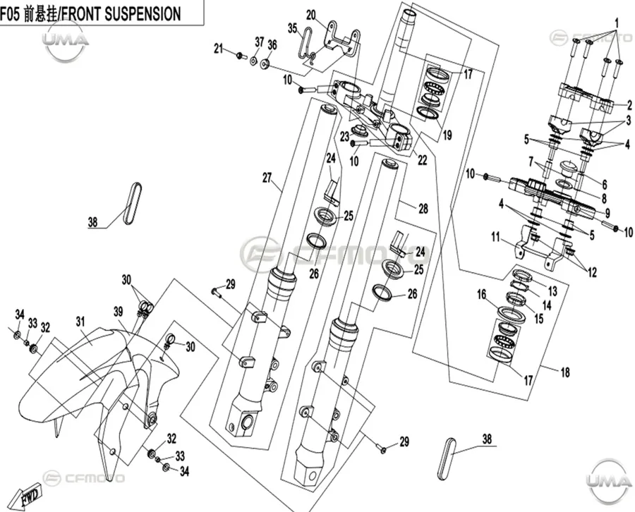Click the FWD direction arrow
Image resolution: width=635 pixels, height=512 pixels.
coord(26,496)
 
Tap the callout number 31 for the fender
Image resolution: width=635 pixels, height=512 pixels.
coord(80,322)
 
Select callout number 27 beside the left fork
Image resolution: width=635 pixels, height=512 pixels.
coord(267,178)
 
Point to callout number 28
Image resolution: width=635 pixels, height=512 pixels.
coord(423,209)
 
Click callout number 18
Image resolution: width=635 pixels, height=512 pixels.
coord(565,372)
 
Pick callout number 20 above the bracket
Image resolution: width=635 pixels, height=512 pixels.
coord(311,15)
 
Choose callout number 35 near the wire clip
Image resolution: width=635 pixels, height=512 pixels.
coord(293,28)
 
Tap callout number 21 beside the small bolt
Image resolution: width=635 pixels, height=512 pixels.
coord(219,49)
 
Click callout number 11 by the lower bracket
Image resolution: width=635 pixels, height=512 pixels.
coord(496,237)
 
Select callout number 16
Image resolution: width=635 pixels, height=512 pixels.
coord(481,294)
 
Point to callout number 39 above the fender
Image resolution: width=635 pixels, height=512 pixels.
coord(118,311)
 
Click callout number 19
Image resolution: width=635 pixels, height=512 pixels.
coord(447,135)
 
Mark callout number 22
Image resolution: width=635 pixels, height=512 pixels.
coord(423,160)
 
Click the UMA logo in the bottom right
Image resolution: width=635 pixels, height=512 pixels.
coord(609,481)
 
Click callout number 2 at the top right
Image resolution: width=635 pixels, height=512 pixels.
coord(629,106)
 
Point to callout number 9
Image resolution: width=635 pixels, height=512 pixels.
coord(607,212)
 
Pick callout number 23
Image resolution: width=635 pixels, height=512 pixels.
coord(344,137)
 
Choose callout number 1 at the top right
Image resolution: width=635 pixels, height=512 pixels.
coord(617,23)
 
